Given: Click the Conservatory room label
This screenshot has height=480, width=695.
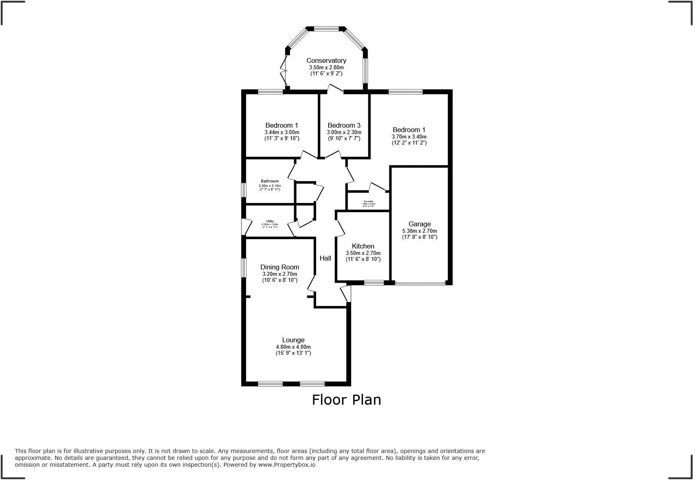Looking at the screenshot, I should [x=326, y=60].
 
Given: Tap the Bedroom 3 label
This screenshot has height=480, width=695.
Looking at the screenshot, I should [x=344, y=125].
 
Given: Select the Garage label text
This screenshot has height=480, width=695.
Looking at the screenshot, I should [x=419, y=224].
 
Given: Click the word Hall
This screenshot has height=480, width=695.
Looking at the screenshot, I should [x=325, y=258].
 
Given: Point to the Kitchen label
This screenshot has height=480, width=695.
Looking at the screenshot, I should [x=363, y=246].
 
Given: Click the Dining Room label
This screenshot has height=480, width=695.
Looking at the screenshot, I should [x=280, y=267].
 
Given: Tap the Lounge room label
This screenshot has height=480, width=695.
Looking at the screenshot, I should [x=293, y=340].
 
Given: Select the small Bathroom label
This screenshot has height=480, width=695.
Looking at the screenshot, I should [x=269, y=181].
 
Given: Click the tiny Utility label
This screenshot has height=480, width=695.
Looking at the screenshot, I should [x=270, y=221].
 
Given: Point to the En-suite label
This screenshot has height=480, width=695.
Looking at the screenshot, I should [x=368, y=201].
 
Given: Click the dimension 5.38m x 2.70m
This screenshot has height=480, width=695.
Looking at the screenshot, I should [x=419, y=231].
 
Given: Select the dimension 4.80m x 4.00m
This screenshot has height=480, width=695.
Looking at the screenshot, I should [x=293, y=347].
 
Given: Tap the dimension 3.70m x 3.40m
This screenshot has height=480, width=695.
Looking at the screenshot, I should [x=409, y=137].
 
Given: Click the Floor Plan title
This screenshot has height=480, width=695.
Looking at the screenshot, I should [x=346, y=399].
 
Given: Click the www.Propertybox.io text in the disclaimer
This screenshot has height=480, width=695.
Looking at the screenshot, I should [x=286, y=465].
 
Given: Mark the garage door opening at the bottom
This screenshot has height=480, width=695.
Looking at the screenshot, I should [x=420, y=283].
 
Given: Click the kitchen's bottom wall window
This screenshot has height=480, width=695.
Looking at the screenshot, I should [x=374, y=283].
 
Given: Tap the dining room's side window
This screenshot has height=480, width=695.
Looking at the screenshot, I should [x=243, y=268].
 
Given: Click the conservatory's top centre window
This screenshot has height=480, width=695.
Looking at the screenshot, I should [x=326, y=29].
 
